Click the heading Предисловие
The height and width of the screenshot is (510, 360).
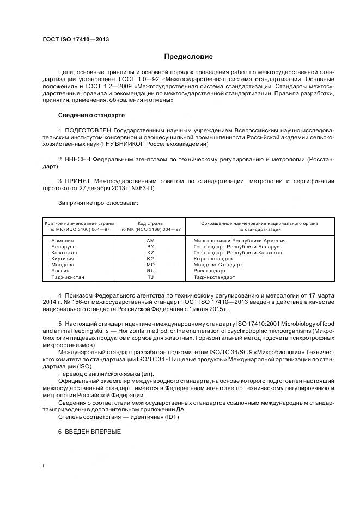(189, 56)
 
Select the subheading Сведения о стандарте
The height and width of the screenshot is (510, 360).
(91, 116)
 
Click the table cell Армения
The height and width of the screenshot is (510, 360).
(63, 241)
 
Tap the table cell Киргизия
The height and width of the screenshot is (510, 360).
(63, 259)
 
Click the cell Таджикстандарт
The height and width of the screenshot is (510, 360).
(214, 277)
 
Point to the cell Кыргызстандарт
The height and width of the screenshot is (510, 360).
(214, 259)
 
